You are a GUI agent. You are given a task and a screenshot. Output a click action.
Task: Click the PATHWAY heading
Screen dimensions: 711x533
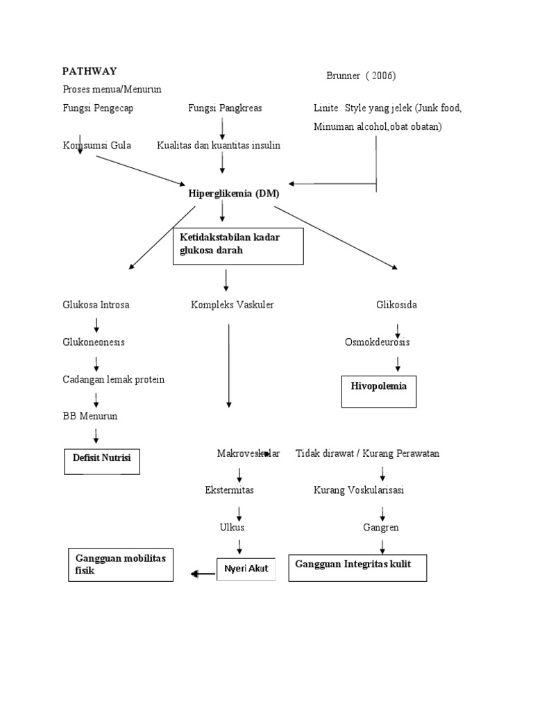click(90, 71)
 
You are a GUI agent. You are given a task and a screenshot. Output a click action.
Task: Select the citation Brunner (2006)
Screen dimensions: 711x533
click(361, 76)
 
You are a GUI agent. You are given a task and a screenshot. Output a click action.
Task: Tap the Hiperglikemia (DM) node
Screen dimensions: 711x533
click(233, 194)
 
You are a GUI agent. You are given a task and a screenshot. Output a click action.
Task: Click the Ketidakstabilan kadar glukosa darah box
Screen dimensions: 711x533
click(238, 246)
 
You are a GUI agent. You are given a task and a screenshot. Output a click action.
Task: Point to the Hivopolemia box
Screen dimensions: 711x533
click(378, 392)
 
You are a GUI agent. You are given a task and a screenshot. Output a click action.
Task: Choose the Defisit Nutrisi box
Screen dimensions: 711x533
click(102, 458)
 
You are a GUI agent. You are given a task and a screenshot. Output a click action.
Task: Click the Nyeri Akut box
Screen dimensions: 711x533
click(246, 569)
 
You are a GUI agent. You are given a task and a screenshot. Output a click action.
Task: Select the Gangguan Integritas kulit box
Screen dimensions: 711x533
click(357, 567)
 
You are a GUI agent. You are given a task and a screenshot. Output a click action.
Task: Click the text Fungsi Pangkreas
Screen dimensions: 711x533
click(225, 108)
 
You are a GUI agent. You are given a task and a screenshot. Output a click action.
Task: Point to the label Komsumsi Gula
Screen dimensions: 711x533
click(96, 145)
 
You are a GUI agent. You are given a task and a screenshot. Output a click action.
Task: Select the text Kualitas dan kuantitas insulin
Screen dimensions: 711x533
click(219, 145)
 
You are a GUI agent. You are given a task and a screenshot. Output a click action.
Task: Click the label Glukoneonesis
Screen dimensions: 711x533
click(94, 342)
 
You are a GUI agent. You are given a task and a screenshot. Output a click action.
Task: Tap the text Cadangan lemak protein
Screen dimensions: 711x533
click(114, 380)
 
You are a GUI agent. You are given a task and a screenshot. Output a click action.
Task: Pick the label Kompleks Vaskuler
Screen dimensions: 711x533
click(232, 305)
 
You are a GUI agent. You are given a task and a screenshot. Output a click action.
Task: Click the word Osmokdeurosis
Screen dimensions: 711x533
click(378, 342)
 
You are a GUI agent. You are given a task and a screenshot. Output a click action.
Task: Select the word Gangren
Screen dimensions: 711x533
click(381, 528)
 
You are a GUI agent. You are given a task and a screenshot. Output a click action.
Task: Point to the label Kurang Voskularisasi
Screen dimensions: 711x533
click(359, 490)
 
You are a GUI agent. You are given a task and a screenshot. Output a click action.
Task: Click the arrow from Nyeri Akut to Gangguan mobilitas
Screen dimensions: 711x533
click(203, 574)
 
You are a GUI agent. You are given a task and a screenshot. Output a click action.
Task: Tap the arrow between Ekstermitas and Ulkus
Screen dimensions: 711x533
click(239, 512)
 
